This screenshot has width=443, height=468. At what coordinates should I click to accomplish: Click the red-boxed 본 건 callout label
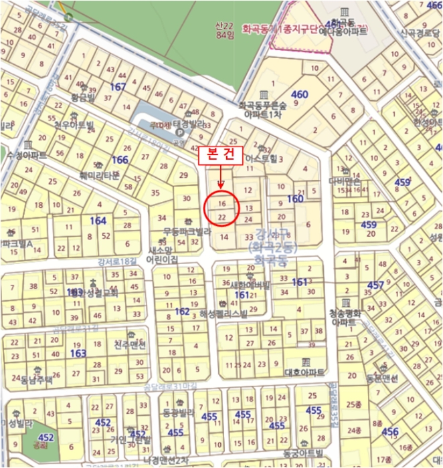click(220, 153)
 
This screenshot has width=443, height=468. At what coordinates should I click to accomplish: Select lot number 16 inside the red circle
click(223, 202)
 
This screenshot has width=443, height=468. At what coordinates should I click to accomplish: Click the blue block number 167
click(118, 88)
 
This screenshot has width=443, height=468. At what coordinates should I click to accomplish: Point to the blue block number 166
click(120, 160)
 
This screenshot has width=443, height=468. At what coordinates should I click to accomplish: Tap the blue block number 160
click(295, 199)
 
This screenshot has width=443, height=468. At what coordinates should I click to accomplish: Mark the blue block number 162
click(182, 312)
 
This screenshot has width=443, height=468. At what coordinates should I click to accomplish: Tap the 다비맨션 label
click(345, 181)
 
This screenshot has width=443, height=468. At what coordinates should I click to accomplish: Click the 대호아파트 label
click(304, 372)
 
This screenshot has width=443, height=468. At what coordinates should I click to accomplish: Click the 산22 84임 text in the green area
click(218, 29)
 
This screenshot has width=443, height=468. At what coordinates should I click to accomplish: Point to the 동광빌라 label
click(177, 413)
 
